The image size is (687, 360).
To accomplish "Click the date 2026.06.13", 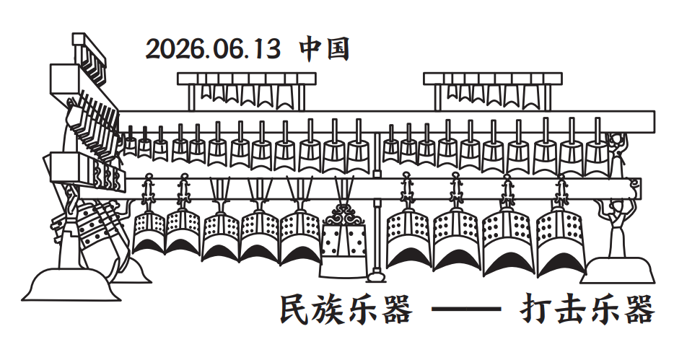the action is (212, 48).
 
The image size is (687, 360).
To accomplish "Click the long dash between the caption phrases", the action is (466, 309).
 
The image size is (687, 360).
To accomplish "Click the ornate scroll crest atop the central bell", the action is (344, 214).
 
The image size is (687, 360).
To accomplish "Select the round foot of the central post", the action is (376, 276).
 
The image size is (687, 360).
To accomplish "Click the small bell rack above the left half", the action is (247, 91).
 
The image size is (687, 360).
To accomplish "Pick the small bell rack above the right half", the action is (492, 91).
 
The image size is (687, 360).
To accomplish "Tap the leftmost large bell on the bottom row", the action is (149, 233).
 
